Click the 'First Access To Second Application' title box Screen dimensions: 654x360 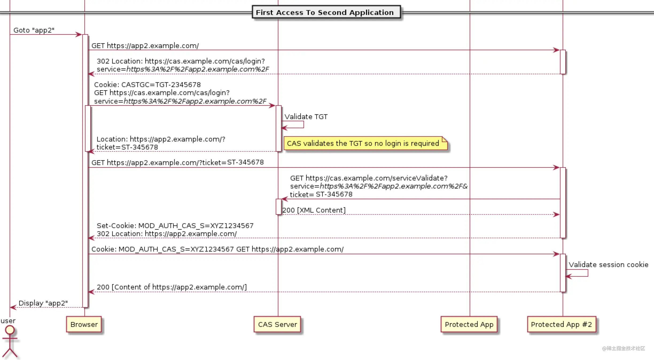pyautogui.click(x=326, y=12)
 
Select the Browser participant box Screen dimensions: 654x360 pyautogui.click(x=84, y=324)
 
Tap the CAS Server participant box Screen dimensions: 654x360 pyautogui.click(x=277, y=324)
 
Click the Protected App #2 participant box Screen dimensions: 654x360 pyautogui.click(x=562, y=324)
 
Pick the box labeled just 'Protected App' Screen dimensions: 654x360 pyautogui.click(x=469, y=324)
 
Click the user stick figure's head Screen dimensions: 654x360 pyautogui.click(x=10, y=330)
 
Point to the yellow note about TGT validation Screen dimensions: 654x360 pyautogui.click(x=365, y=143)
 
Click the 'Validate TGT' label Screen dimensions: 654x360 pyautogui.click(x=306, y=117)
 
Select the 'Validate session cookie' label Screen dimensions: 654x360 pyautogui.click(x=608, y=265)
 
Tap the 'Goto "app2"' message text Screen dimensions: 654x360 pyautogui.click(x=34, y=30)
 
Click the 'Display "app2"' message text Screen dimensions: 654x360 pyautogui.click(x=43, y=303)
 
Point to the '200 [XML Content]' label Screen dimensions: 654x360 pyautogui.click(x=314, y=210)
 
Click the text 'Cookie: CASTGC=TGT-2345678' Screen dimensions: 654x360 pyautogui.click(x=147, y=85)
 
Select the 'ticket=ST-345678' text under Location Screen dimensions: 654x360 pyautogui.click(x=127, y=147)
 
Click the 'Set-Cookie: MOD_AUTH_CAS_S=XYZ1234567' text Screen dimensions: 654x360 pyautogui.click(x=175, y=226)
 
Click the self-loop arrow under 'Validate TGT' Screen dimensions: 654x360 pyautogui.click(x=303, y=124)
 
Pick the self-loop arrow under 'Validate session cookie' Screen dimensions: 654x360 pyautogui.click(x=588, y=273)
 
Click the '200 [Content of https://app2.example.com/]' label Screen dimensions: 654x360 pyautogui.click(x=172, y=287)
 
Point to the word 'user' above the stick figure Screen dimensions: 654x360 pyautogui.click(x=8, y=321)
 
